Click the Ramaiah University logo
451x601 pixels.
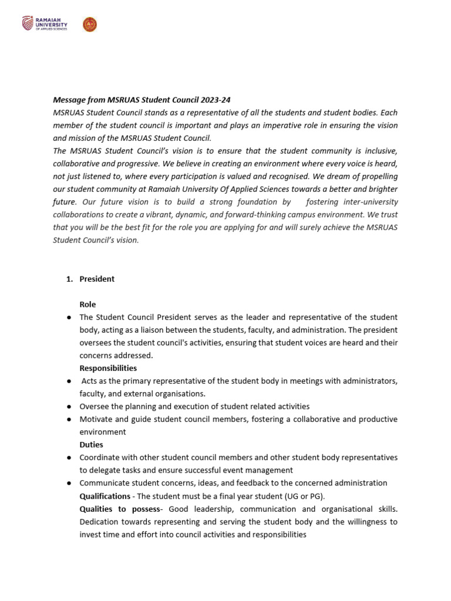tap(45, 24)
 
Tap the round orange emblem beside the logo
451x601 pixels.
tap(90, 24)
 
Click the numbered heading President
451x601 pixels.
tap(97, 279)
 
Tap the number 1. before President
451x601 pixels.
tap(69, 279)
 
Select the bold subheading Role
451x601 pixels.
tap(87, 305)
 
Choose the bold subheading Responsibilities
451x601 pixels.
tap(108, 368)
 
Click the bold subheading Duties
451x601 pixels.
tap(91, 445)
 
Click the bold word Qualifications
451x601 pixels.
tap(105, 496)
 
